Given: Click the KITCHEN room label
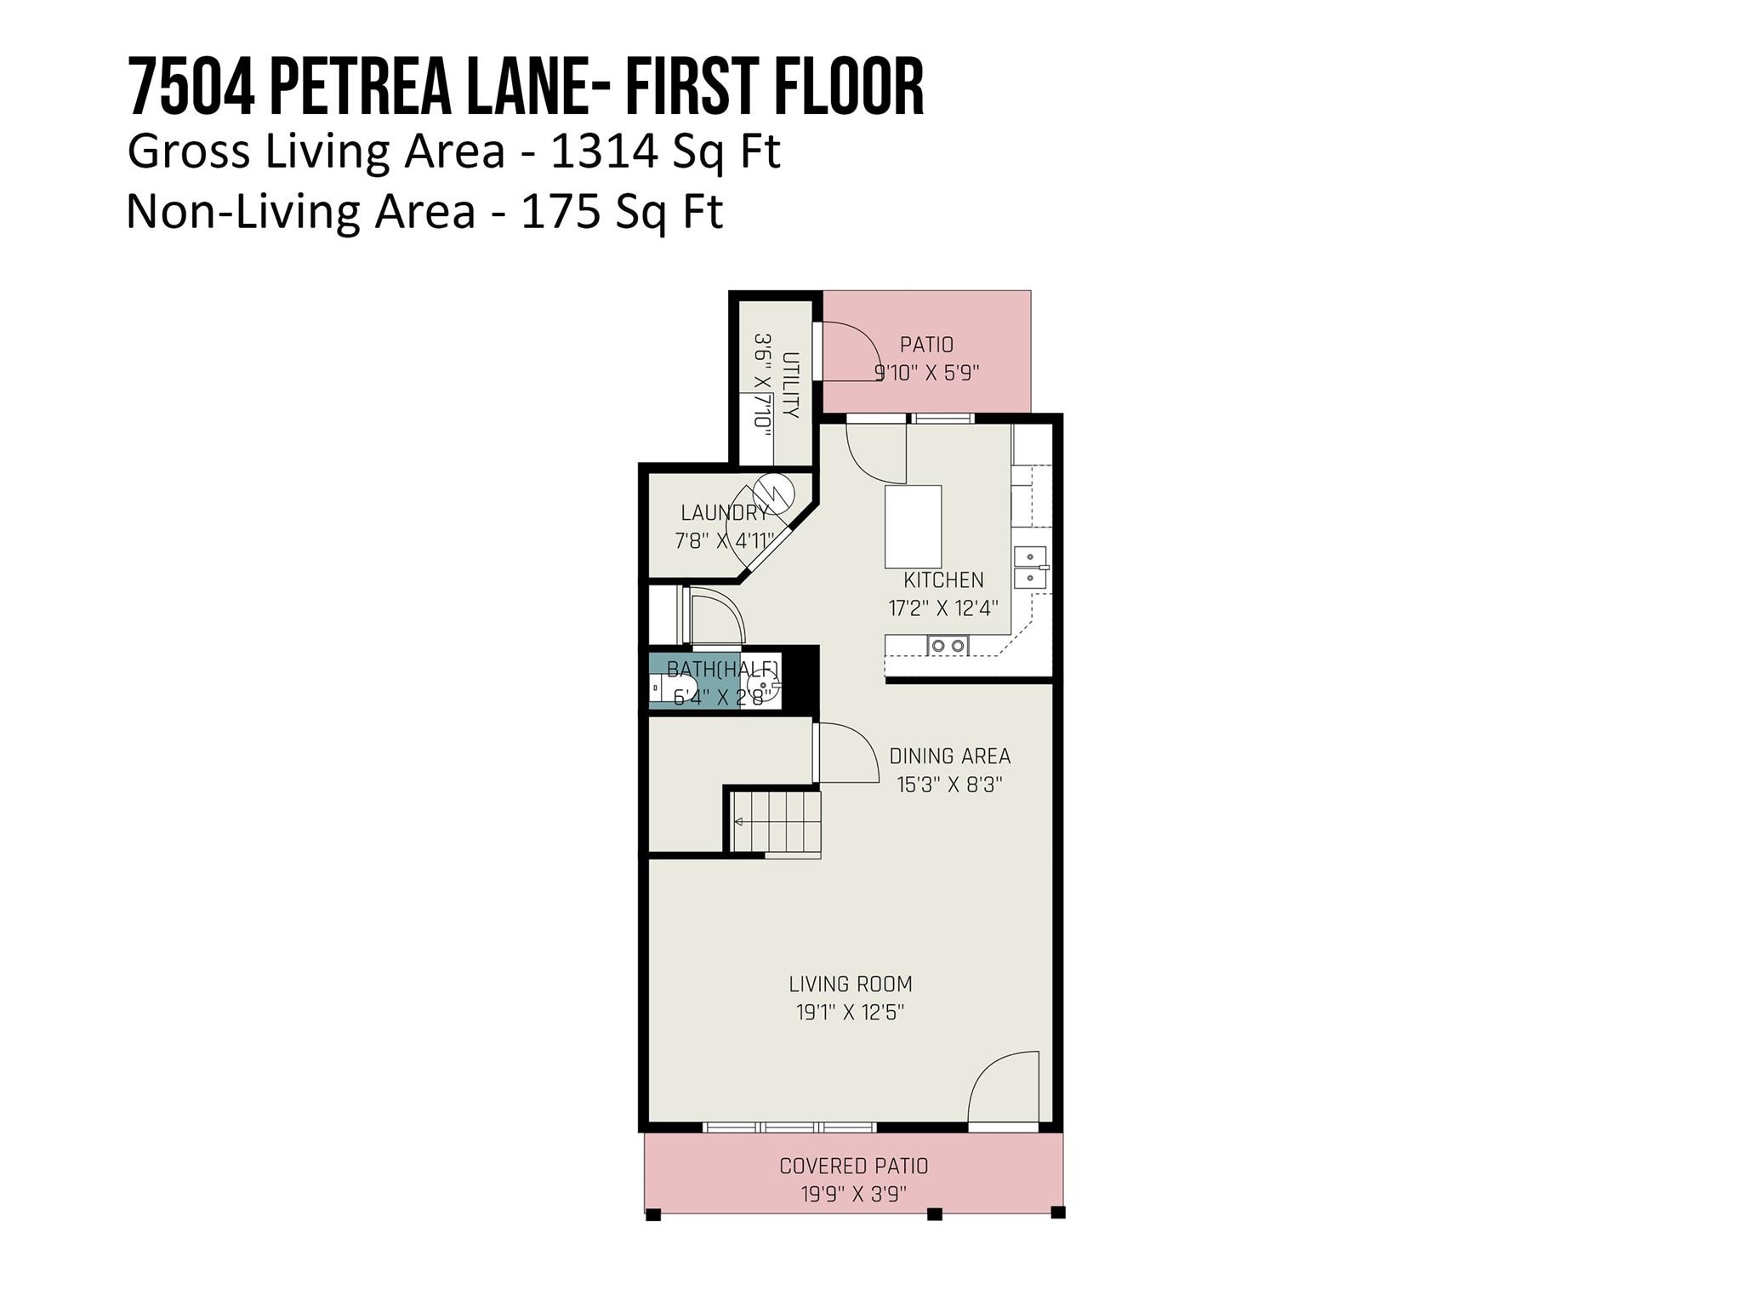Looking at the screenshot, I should pos(943,580).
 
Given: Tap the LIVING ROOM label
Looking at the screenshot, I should pos(850,985).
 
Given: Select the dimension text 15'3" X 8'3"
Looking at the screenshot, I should pos(949,785).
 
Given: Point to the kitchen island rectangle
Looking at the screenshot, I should pos(913,527).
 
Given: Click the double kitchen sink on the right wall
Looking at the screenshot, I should pos(1031,568).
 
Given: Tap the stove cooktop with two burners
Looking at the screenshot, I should pos(948,646).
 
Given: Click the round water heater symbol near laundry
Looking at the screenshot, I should pos(774,493).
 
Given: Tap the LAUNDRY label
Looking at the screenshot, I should pos(725,513).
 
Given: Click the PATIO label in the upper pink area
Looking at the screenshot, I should pos(926,345).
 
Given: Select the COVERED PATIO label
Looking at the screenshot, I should pos(853,1166).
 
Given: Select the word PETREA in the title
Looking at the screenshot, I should pos(360,88).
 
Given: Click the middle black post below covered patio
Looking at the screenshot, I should pos(934,1214).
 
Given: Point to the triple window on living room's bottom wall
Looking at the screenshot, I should pos(789,1127).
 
